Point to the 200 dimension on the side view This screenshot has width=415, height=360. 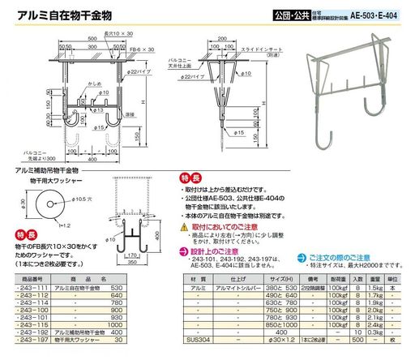tap(221, 37)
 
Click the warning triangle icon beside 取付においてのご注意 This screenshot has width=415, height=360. tap(187, 228)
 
